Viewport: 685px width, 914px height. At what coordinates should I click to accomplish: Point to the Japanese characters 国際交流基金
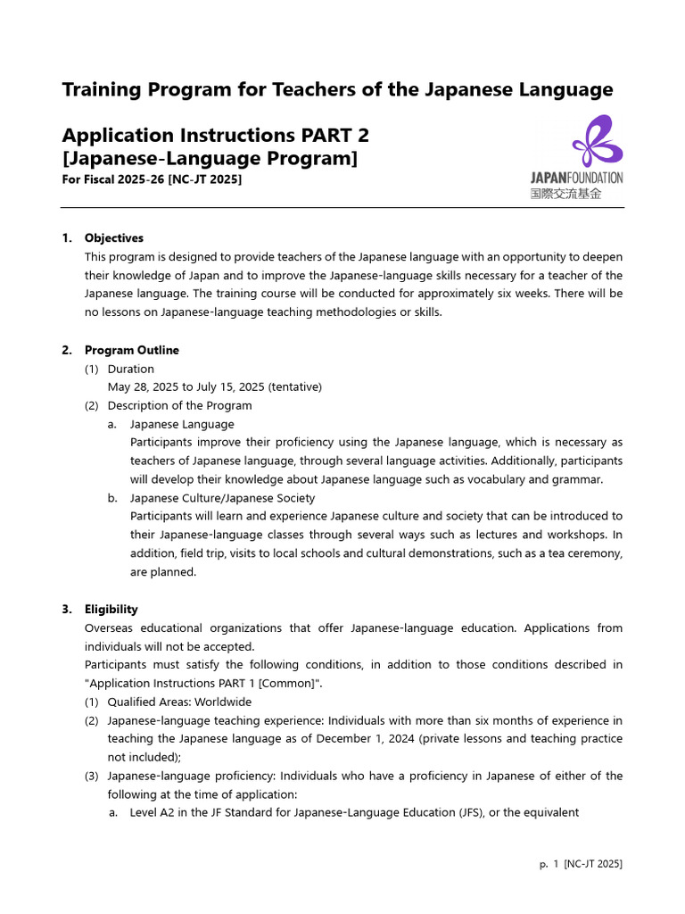tap(565, 193)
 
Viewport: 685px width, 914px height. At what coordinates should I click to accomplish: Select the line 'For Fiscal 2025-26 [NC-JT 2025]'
tap(152, 179)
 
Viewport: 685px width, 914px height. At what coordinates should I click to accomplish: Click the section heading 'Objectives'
tap(113, 238)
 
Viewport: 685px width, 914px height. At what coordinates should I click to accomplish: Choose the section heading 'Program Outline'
tap(131, 350)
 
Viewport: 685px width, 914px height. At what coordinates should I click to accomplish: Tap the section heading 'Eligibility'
tap(111, 610)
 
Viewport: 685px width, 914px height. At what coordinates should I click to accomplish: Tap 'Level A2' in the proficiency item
tap(155, 813)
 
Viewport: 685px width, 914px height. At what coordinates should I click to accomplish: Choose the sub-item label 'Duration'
tap(130, 369)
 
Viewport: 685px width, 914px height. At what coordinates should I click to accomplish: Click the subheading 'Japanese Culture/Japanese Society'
tap(222, 498)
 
